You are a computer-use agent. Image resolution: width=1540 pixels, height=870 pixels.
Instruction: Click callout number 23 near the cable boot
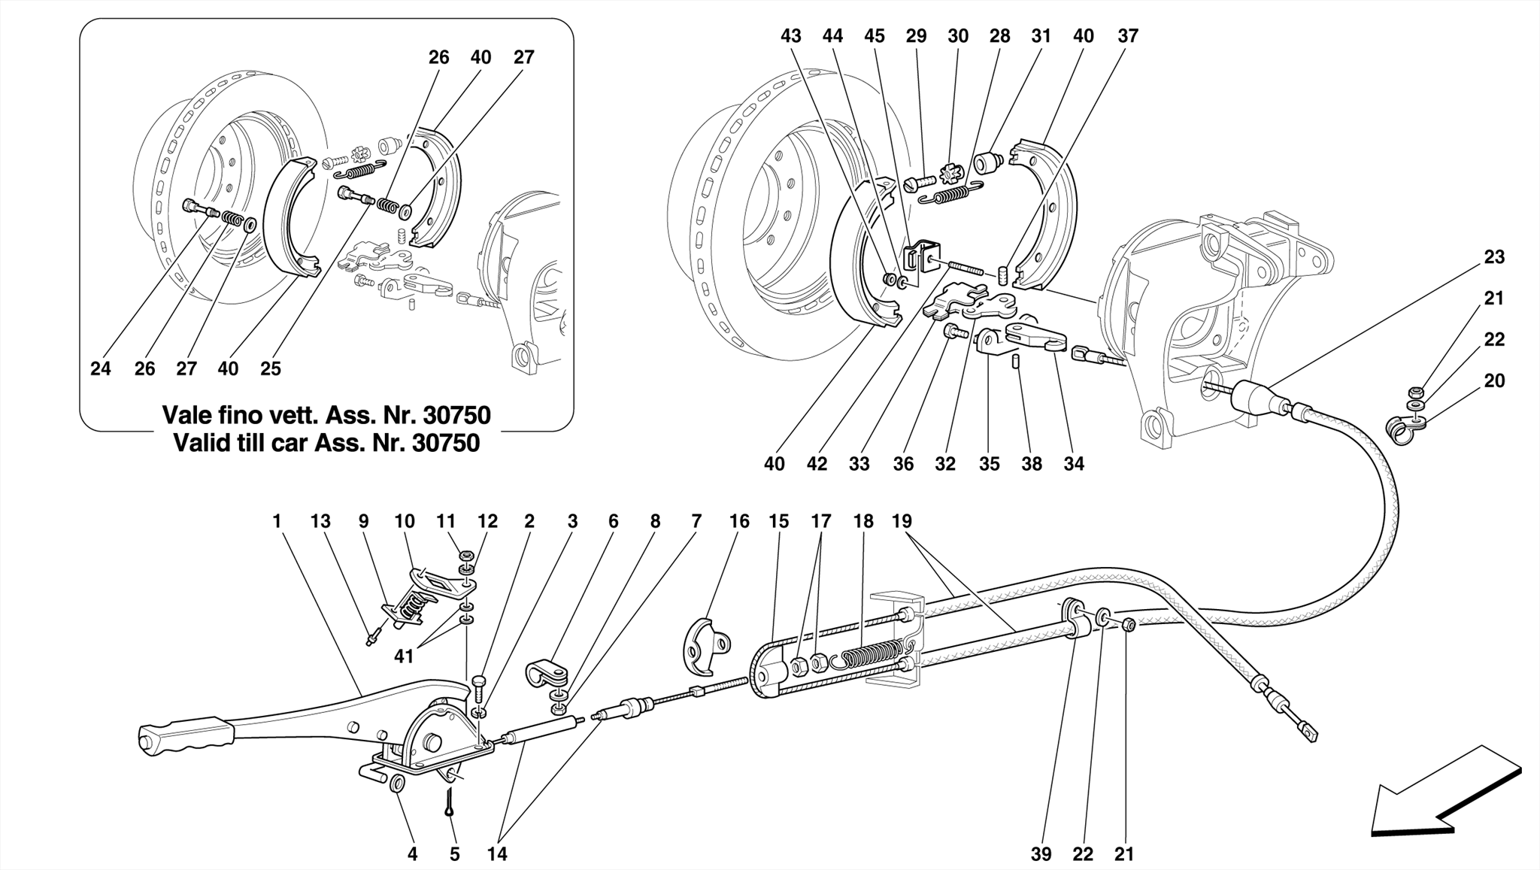[1493, 257]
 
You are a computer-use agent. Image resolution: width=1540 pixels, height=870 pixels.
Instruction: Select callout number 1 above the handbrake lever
[277, 521]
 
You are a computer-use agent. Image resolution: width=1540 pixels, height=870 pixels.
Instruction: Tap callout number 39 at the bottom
[1041, 854]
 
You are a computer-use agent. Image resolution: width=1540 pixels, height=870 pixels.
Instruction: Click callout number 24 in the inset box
[100, 368]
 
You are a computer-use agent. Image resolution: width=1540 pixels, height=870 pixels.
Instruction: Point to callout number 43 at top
[790, 36]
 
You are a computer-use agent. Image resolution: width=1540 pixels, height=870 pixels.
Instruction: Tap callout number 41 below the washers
[404, 656]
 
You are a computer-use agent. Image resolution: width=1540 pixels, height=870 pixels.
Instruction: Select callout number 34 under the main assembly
[1073, 464]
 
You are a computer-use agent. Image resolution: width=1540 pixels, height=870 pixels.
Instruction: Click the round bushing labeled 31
[987, 162]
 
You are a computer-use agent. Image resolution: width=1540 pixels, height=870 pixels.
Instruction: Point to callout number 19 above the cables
[902, 521]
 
